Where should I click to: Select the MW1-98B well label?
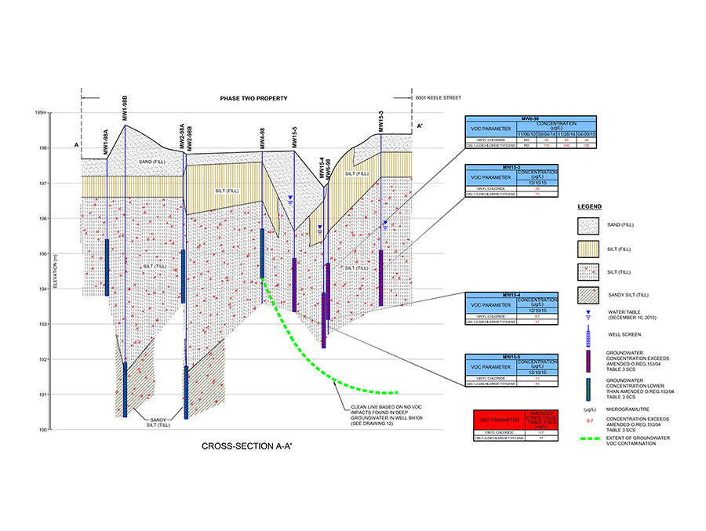coord(126,111)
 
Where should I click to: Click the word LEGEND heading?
coord(590,206)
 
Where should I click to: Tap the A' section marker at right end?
coord(420,125)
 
